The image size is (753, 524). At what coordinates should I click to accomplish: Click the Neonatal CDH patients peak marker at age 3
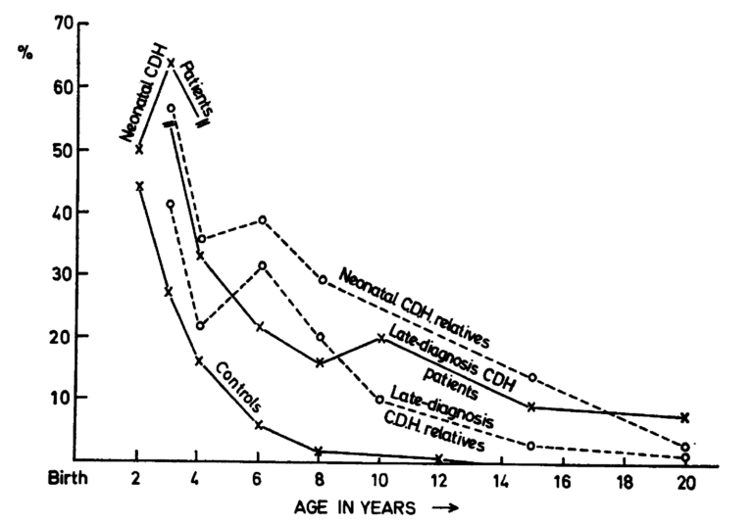click(x=171, y=64)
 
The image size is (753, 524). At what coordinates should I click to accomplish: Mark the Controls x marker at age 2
click(x=139, y=185)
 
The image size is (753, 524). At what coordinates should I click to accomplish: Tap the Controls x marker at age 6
click(x=259, y=425)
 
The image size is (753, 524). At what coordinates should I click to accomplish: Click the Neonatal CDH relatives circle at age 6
click(x=262, y=220)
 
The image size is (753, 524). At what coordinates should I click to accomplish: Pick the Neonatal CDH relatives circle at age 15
click(x=531, y=377)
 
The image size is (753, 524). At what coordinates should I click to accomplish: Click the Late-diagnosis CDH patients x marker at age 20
click(x=685, y=417)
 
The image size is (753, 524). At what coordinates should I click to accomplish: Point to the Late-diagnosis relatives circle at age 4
click(x=200, y=325)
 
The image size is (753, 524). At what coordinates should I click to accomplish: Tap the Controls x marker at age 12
click(x=438, y=457)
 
